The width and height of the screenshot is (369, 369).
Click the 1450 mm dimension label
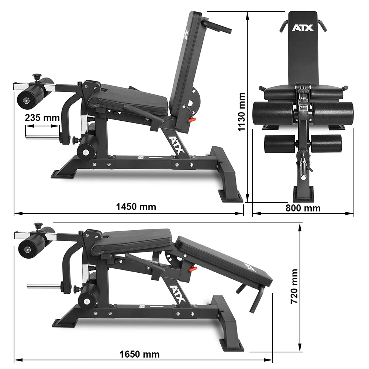coord(136,207)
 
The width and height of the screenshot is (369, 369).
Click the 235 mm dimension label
coord(42,118)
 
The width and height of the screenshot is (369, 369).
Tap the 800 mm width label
coord(303,208)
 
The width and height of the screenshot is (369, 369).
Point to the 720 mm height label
coord(294,286)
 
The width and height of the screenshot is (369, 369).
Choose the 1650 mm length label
coord(139,355)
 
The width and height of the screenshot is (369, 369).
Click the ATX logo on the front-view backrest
coord(303,28)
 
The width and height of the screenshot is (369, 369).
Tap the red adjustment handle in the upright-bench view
coord(191,120)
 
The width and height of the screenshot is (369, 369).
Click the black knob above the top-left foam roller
coord(37,77)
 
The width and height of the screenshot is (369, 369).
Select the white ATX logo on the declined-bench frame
coord(177,293)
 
